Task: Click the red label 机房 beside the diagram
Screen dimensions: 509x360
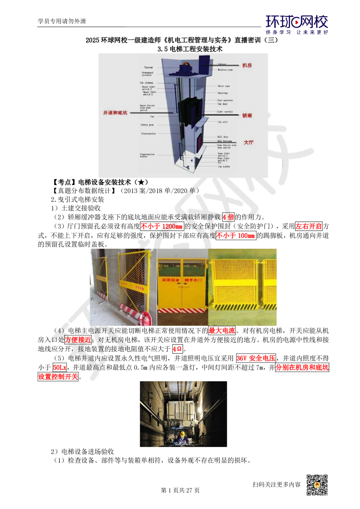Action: coord(247,66)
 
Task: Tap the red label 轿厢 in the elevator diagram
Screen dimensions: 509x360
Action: coord(247,116)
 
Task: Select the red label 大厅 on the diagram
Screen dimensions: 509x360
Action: coord(248,143)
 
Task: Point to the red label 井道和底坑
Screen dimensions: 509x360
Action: coord(115,113)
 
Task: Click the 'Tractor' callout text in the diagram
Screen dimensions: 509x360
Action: coord(148,67)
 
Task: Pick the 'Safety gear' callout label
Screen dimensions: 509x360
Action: coord(147,125)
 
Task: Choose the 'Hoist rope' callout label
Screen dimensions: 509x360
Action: coord(224,86)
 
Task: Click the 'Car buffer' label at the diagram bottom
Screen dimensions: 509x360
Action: coord(224,167)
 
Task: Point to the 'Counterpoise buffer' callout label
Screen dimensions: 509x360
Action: coord(147,156)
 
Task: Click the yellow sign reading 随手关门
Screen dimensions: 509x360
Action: coord(193,280)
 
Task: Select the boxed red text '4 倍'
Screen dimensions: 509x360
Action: coord(228,217)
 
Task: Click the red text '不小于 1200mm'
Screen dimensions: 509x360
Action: coord(162,226)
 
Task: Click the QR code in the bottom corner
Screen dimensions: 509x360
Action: coord(316,485)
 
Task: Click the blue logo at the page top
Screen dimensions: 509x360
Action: coord(297,24)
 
